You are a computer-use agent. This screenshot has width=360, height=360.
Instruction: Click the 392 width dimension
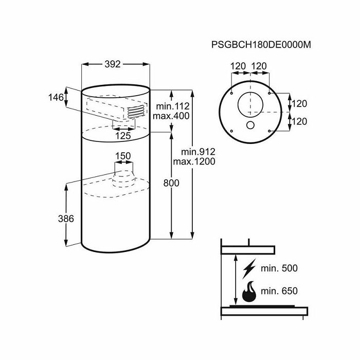[113, 64]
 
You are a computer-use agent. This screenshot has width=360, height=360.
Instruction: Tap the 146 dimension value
[57, 97]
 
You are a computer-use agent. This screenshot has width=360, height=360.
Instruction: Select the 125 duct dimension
[122, 136]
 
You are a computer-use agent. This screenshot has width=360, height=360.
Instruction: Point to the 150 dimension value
[122, 156]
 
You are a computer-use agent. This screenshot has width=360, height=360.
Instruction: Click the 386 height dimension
[66, 219]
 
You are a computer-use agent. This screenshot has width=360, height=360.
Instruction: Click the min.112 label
[172, 105]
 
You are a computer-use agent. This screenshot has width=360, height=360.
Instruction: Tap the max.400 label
[172, 116]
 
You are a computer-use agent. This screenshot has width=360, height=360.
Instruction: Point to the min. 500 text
[280, 269]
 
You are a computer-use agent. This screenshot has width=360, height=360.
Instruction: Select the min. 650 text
[280, 291]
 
